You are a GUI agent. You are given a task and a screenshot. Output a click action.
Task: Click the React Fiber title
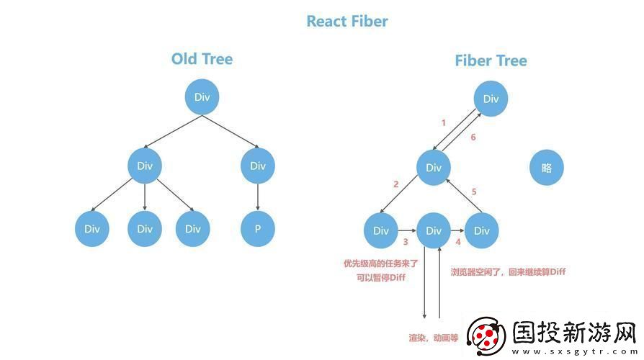coord(347,21)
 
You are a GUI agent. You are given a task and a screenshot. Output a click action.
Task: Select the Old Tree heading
coord(202,59)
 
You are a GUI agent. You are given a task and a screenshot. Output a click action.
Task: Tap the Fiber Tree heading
coord(491,60)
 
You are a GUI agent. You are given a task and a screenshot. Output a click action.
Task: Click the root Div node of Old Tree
coord(202,97)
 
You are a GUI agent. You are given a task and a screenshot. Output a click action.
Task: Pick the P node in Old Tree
coord(257,229)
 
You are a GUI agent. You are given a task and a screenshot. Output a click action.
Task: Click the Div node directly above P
coord(257,166)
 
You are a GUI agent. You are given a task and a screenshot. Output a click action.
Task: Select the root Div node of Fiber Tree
coord(491,99)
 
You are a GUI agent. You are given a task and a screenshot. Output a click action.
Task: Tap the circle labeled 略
coord(546,168)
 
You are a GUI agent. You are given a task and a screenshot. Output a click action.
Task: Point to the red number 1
coord(443,123)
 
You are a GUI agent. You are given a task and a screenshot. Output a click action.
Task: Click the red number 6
coord(472,138)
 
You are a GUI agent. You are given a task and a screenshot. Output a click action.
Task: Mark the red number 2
coord(395,184)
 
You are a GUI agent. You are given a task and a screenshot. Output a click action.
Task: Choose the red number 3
coord(406,243)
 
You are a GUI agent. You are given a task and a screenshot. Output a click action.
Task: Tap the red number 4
coord(457,242)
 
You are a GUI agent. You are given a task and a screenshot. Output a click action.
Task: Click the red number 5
coord(473,192)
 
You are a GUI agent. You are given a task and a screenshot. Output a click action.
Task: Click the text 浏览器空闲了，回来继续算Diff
coord(508,271)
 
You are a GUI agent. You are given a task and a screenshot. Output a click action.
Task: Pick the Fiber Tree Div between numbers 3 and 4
coord(433,230)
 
